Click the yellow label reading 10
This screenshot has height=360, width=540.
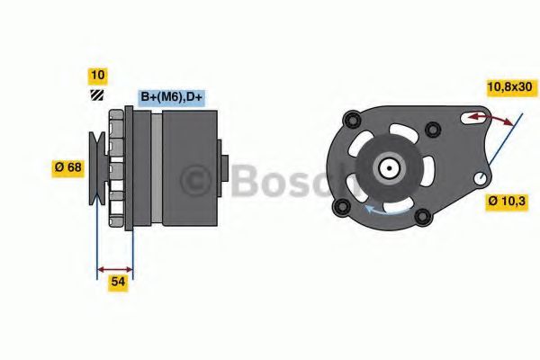(x=96, y=75)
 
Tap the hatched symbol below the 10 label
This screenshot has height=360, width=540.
(x=96, y=95)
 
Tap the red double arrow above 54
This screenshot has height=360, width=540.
(x=115, y=267)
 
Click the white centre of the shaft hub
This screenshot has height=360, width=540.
(x=389, y=167)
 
